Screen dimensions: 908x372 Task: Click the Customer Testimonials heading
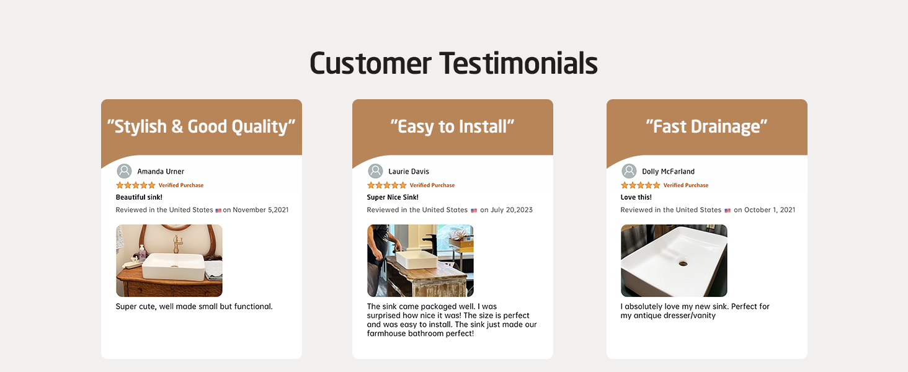pos(453,64)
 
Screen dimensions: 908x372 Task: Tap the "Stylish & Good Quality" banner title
pos(201,126)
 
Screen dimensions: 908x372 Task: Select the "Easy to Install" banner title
pos(452,126)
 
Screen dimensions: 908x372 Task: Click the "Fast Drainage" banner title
pos(706,126)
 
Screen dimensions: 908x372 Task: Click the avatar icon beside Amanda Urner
pos(124,171)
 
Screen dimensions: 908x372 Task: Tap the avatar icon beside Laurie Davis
pos(375,171)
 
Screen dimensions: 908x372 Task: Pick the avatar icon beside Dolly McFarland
pos(629,171)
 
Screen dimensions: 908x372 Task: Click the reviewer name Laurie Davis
pos(409,171)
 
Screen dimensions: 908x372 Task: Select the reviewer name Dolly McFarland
pos(669,171)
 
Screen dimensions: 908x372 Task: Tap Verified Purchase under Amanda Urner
pos(180,185)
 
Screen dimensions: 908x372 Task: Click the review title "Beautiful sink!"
pos(139,197)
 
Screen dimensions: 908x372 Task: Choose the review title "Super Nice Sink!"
pos(393,197)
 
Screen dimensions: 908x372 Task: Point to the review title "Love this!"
pos(636,197)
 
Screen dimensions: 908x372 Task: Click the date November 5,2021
pos(260,210)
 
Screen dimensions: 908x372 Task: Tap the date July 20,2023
pos(512,210)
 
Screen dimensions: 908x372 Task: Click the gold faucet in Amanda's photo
pos(177,243)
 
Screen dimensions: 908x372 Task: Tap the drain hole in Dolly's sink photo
pos(683,263)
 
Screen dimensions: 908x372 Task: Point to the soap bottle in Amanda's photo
pos(142,252)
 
